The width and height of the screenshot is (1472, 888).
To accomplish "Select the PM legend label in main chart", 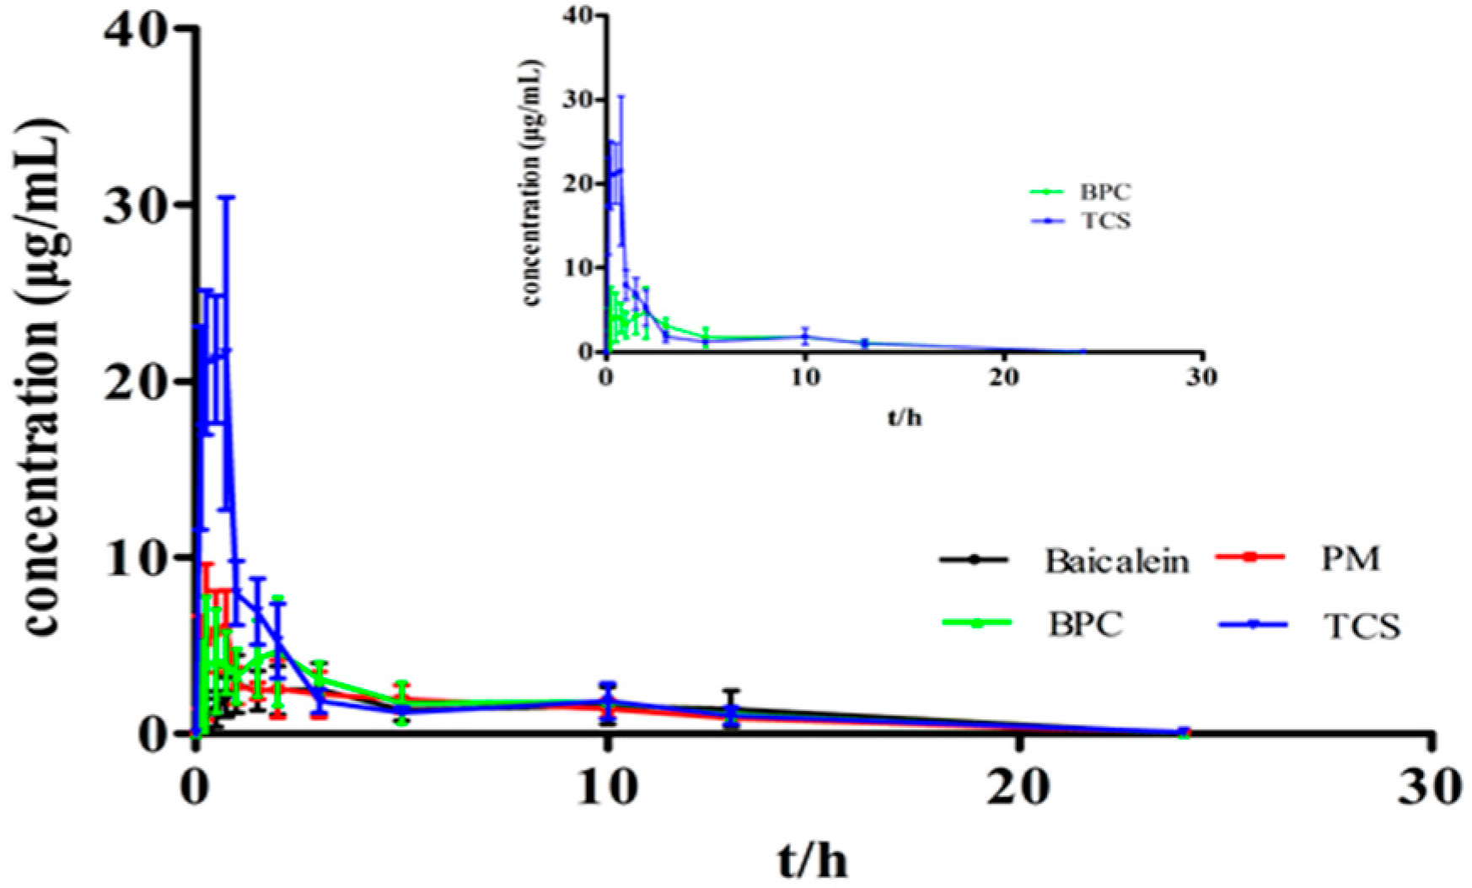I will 1350,558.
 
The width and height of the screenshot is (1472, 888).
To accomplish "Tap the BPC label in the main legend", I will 1085,624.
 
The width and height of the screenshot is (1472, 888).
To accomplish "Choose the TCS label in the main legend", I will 1361,626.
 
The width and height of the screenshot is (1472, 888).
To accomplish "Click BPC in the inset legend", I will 1104,192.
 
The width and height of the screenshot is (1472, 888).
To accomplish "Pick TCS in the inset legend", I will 1104,222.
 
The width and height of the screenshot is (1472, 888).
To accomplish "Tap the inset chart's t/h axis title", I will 904,417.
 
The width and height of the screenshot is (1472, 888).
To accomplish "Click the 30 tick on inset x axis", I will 1201,377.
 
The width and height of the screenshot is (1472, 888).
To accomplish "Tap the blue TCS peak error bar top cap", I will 226,197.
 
